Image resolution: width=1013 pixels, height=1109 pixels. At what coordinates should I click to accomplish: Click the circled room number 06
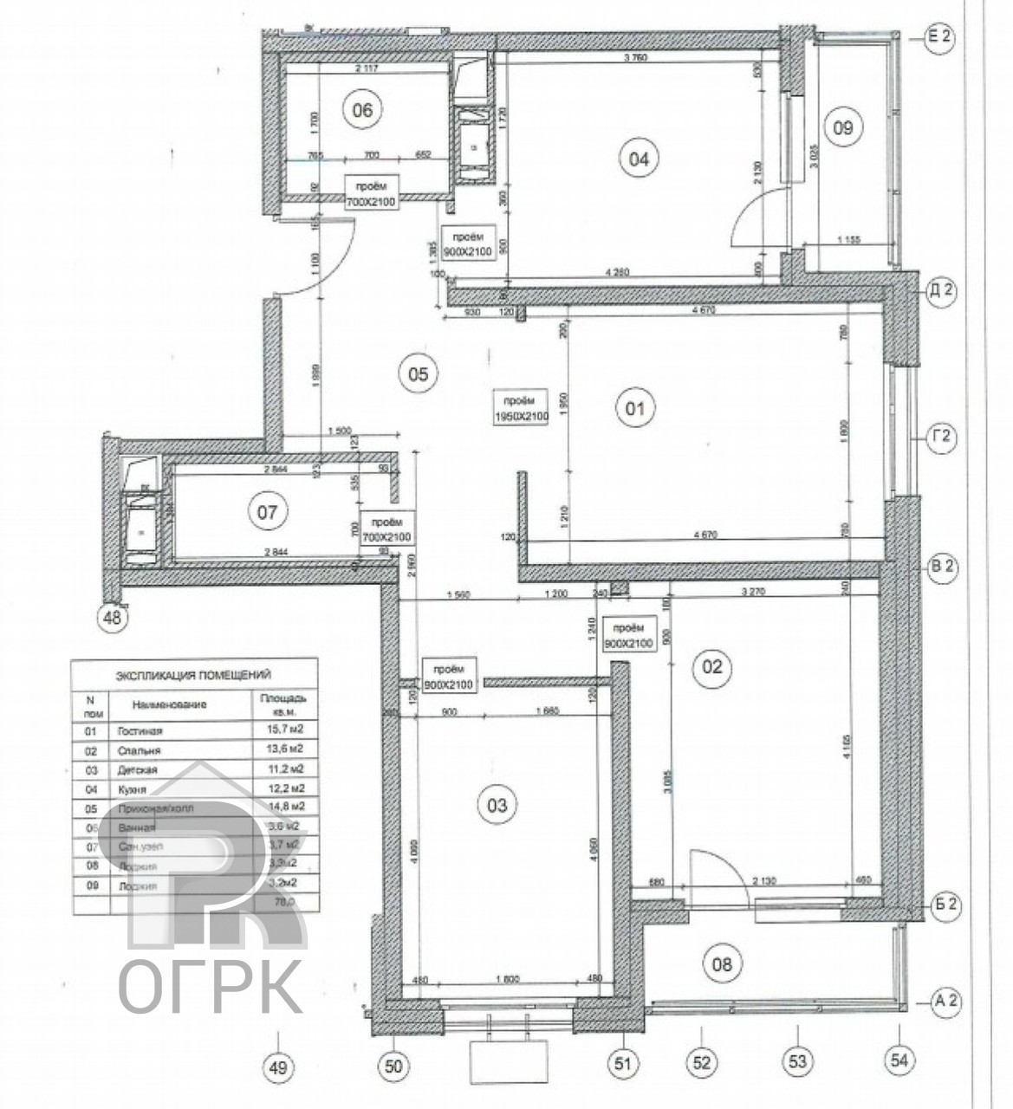click(362, 110)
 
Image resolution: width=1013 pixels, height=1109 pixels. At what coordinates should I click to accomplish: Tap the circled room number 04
click(639, 159)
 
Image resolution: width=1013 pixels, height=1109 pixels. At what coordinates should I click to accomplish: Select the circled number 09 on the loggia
click(842, 128)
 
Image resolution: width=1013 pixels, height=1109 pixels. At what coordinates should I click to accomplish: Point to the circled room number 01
click(635, 407)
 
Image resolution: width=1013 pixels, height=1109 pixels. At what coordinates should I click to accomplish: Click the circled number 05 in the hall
click(418, 373)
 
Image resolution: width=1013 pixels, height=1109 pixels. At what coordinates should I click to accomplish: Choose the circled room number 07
click(267, 512)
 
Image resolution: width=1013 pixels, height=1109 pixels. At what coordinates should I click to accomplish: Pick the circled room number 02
click(711, 667)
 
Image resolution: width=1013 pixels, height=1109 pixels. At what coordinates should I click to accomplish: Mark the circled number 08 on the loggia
click(722, 963)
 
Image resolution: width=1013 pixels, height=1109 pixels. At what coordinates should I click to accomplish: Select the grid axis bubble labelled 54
click(899, 1059)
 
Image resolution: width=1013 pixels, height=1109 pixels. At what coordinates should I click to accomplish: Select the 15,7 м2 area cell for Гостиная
click(282, 730)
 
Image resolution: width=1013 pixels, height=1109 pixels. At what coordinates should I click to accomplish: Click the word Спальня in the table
click(139, 750)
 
